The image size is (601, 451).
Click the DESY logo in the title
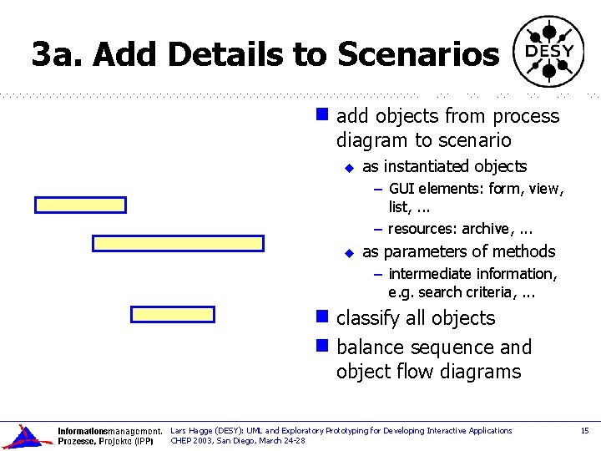point(548,52)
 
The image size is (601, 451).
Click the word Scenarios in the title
point(417,55)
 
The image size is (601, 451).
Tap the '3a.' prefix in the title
point(58,55)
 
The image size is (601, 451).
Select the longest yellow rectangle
point(177,243)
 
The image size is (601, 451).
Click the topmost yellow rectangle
point(80,205)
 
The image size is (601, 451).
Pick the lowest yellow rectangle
point(173,314)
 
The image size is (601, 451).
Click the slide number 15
point(584,431)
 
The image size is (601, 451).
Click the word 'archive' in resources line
point(487,229)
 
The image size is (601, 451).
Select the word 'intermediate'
point(431,274)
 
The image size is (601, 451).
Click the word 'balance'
point(371,347)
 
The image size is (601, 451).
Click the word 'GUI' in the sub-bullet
point(402,189)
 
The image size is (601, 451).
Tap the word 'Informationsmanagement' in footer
point(109,432)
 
